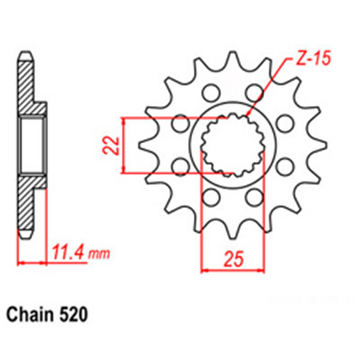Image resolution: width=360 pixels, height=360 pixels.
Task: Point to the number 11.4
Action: click(68, 253)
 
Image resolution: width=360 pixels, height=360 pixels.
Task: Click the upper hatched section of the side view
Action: click(29, 90)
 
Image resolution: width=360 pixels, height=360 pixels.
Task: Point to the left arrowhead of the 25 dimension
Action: click(204, 269)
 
